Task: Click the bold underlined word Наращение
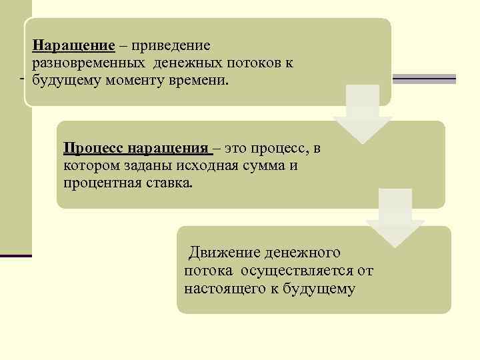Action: [72, 46]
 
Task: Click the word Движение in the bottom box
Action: [224, 253]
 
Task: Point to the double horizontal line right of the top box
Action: [423, 79]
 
